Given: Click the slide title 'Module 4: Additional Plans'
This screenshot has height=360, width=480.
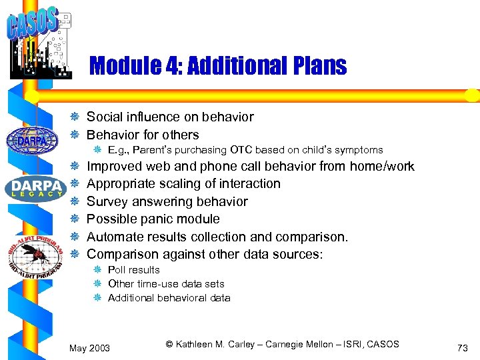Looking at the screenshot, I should click(217, 66).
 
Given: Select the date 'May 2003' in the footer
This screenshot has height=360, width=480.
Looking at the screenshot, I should click(90, 347).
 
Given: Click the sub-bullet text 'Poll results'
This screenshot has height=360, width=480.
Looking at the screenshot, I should click(133, 270).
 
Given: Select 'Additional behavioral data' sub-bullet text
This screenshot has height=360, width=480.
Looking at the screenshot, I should click(169, 298).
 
